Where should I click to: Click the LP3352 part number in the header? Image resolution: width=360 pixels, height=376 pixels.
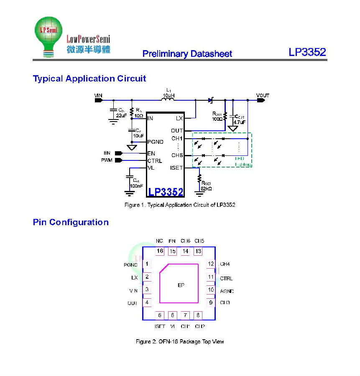[x=307, y=52]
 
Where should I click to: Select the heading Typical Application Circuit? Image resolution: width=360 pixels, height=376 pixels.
[x=89, y=79]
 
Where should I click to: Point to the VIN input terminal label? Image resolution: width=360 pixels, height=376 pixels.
[x=98, y=96]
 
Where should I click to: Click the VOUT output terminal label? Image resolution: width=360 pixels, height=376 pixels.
[x=263, y=96]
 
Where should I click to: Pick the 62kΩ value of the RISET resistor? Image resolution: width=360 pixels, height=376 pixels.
[x=206, y=189]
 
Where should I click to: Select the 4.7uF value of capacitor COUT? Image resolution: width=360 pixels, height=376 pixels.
[x=240, y=122]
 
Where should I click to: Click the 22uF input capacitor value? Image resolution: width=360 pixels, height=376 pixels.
[x=121, y=115]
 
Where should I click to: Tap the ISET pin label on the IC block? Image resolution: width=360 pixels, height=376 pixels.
[x=176, y=168]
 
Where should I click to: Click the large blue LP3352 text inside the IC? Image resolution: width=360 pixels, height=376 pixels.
[x=166, y=192]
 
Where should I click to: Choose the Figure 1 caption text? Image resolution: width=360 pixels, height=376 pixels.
[x=180, y=205]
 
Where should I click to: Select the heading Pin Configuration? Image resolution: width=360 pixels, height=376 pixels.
[x=71, y=222]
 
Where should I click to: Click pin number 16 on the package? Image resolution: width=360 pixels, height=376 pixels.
[x=160, y=251]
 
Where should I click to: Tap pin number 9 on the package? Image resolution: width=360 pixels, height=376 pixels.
[x=211, y=302]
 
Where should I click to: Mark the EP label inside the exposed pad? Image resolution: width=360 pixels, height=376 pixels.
[x=181, y=285]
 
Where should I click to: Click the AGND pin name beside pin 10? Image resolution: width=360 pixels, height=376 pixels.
[x=227, y=291]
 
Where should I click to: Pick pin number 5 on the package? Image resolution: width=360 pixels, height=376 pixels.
[x=160, y=315]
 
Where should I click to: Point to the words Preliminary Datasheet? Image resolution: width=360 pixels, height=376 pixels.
[x=187, y=54]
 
